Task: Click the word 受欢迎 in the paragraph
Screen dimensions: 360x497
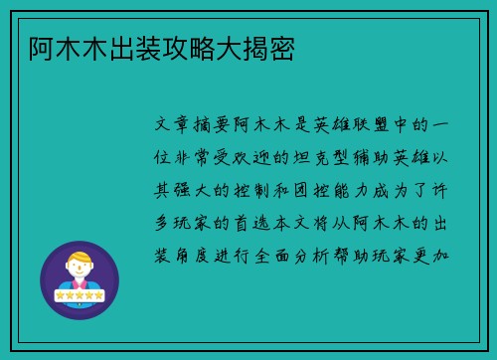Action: pos(243,158)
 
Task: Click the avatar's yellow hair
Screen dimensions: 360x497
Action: pos(79,258)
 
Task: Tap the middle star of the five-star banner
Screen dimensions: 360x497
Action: pos(79,296)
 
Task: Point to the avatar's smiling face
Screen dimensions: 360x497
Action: pos(79,271)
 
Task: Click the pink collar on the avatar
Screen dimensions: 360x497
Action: pos(79,285)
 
